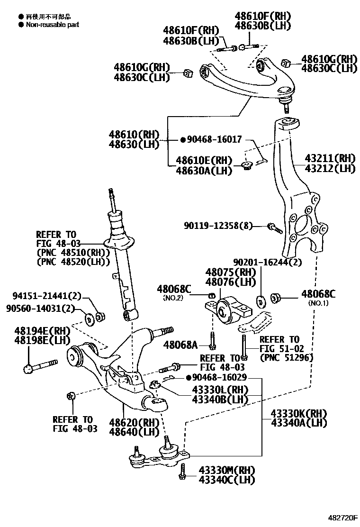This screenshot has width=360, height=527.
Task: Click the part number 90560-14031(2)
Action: (40, 309)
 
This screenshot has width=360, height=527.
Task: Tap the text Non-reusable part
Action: (52, 24)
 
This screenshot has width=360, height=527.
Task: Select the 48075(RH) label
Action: (230, 273)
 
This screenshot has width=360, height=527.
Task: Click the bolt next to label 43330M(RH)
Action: (182, 472)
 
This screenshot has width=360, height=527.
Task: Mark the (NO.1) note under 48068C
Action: (318, 303)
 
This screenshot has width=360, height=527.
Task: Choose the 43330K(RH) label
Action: (299, 412)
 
